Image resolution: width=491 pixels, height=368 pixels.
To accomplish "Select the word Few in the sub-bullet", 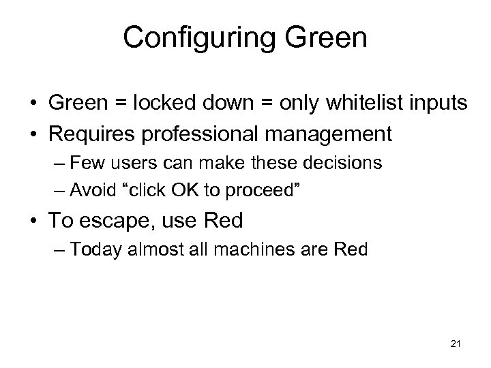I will click(90, 164).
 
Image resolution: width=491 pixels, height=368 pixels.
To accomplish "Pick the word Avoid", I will click(95, 188).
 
